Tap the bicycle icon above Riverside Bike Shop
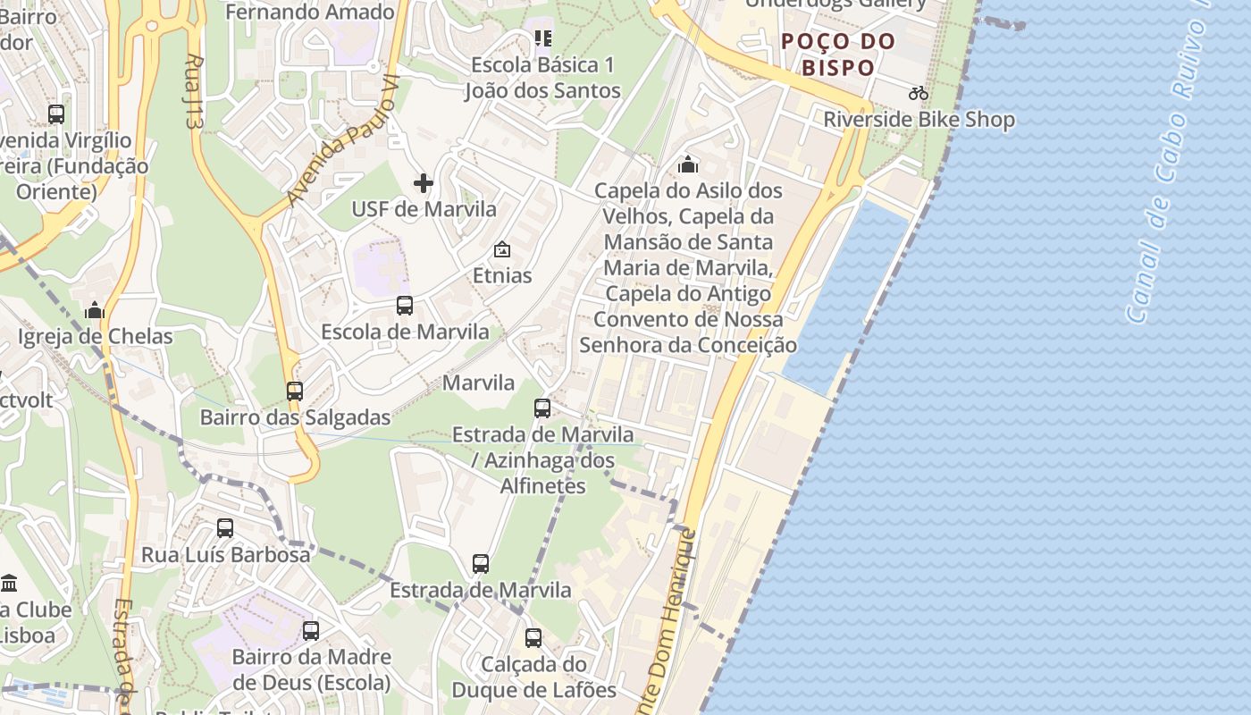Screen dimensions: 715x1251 [x=918, y=93]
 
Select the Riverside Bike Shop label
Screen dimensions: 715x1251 [x=919, y=120]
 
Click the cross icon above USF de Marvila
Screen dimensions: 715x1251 [x=424, y=184]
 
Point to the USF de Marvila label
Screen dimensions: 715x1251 [x=424, y=209]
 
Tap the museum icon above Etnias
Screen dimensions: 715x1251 [x=502, y=249]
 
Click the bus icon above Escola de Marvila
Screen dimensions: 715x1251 [x=405, y=306]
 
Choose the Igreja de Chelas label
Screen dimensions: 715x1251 [x=96, y=337]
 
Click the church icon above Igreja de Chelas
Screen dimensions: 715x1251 [x=95, y=311]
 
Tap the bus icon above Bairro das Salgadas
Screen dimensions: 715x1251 [x=295, y=391]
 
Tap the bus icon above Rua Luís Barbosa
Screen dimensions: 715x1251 [x=225, y=528]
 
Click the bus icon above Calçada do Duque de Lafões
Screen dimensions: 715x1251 [x=533, y=638]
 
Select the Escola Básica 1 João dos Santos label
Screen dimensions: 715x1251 [x=542, y=78]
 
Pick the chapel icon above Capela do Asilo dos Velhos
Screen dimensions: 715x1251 [x=688, y=164]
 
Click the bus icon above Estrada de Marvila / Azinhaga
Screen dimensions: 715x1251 [x=542, y=408]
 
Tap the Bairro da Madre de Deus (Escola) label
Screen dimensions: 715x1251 [x=311, y=669]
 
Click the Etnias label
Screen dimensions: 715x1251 [x=502, y=275]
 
